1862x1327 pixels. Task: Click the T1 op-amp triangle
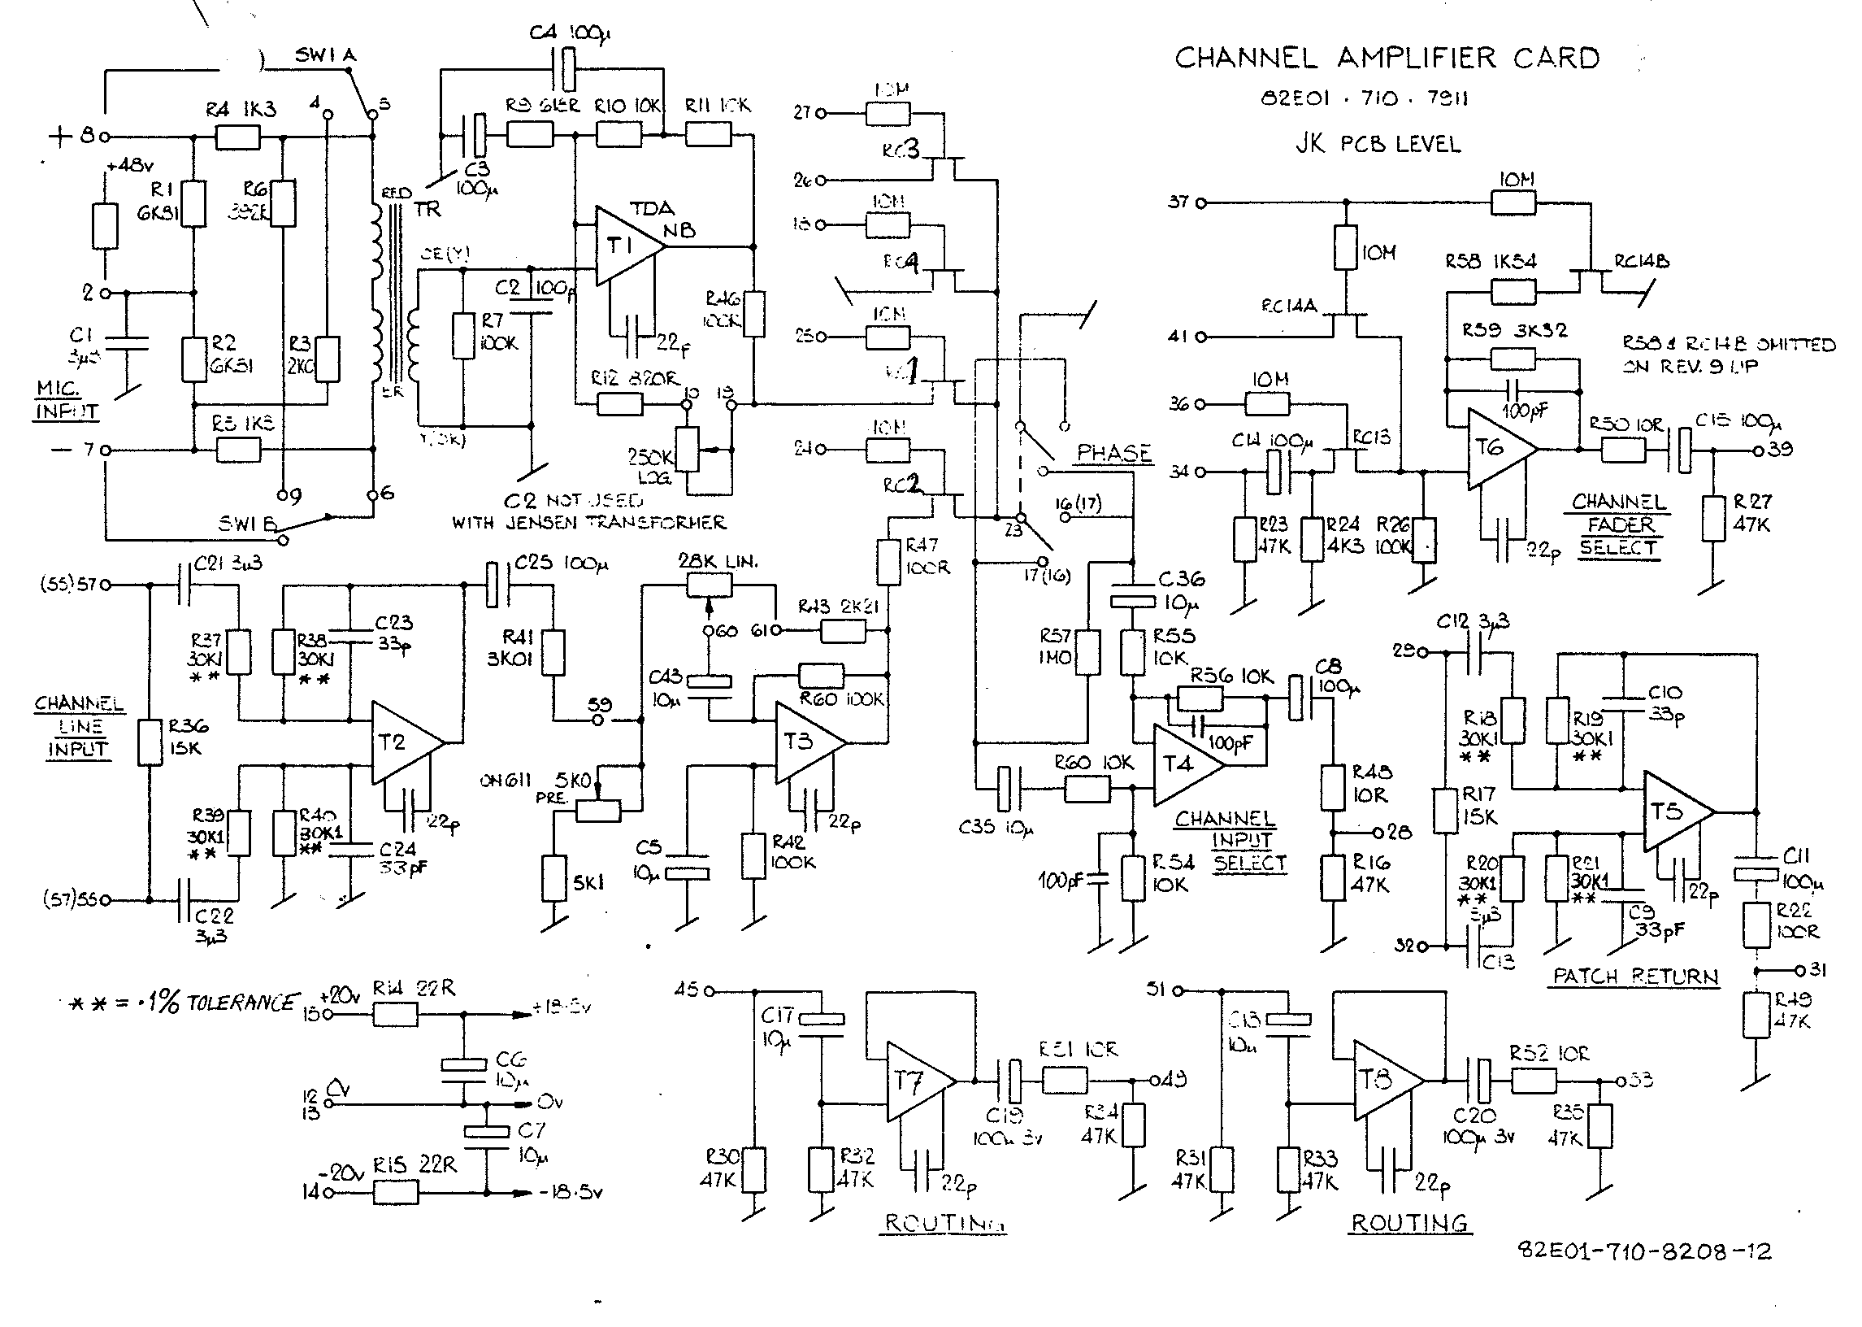pos(625,245)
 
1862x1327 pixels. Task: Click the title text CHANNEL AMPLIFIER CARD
pos(1387,58)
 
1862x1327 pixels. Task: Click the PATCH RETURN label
pos(1635,977)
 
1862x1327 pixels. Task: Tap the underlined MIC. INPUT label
pos(67,399)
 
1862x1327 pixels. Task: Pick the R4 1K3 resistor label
pos(241,109)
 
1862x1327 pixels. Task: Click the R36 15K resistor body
pos(150,742)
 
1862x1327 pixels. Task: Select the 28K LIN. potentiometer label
pos(718,561)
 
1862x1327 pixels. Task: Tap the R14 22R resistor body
pos(395,1015)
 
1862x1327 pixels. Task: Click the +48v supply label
pos(130,166)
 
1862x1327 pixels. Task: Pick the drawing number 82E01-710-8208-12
pos(1644,1252)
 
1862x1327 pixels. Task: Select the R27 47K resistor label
pos(1751,512)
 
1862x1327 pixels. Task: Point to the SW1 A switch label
pos(325,55)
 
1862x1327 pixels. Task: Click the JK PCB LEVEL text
pos(1378,144)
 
